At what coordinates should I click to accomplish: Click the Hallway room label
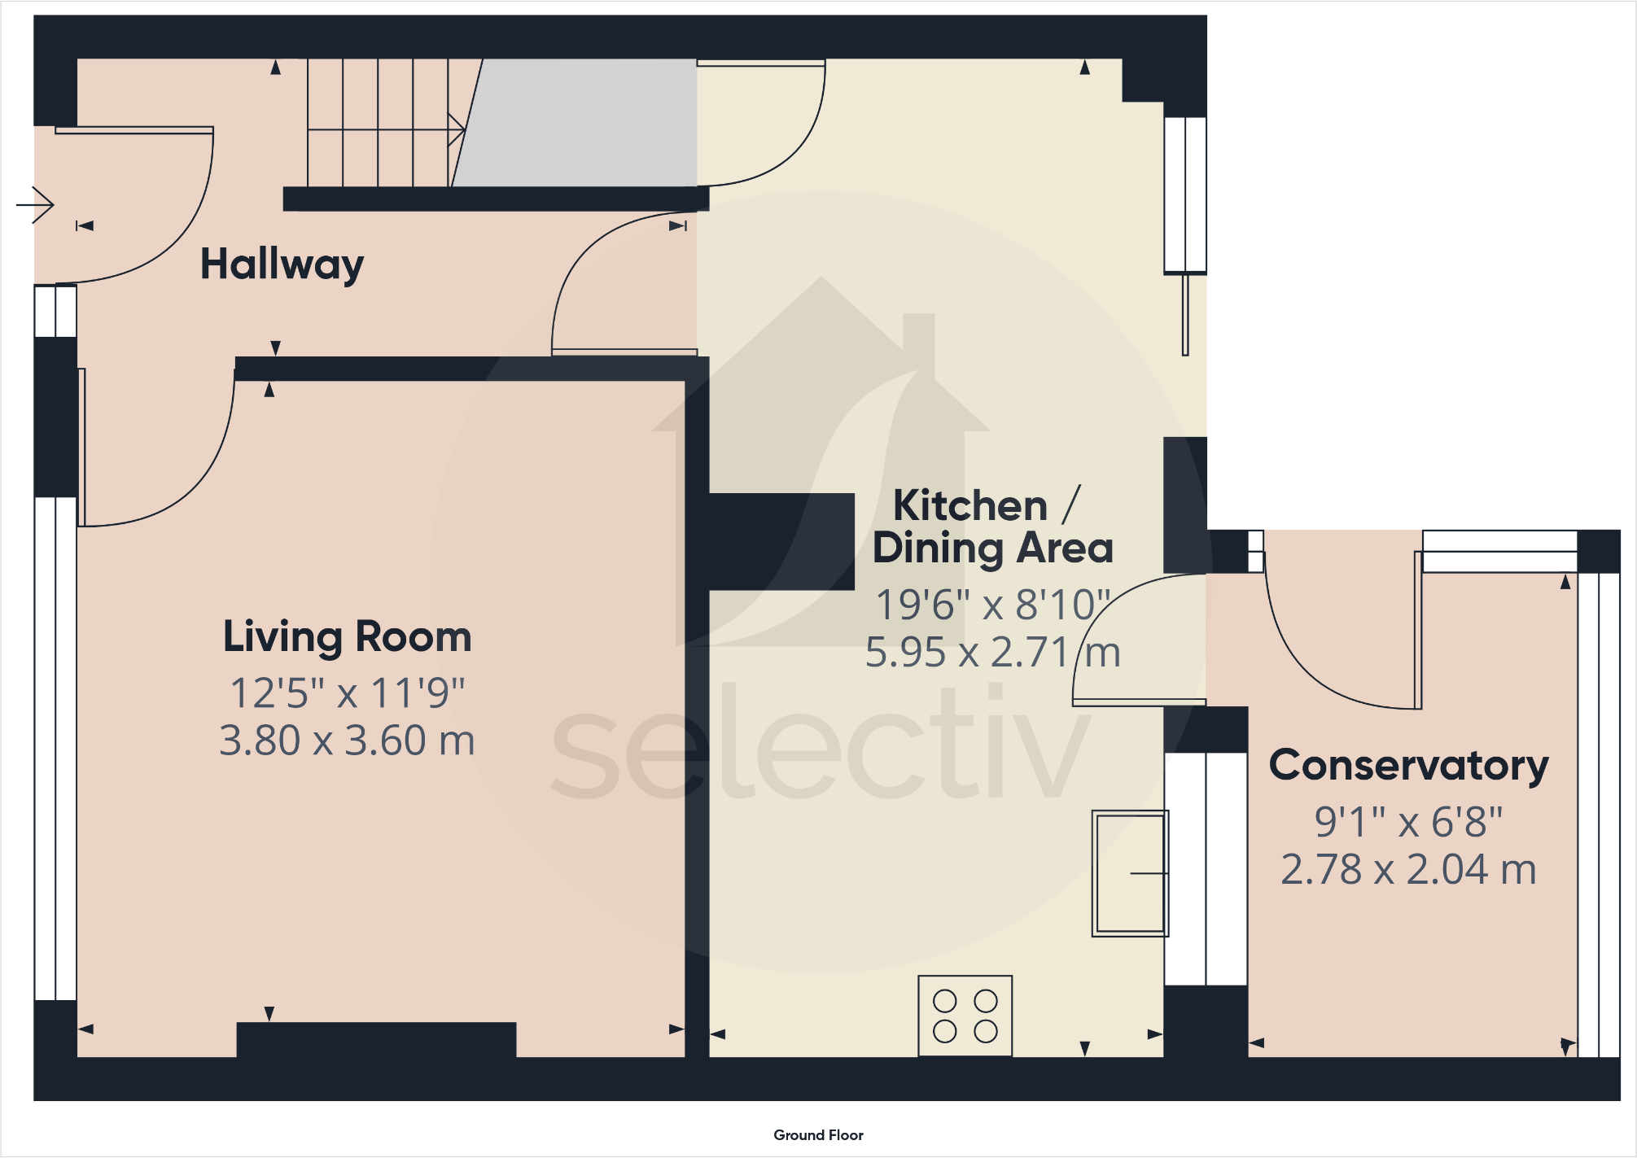tap(282, 264)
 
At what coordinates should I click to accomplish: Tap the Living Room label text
tap(348, 637)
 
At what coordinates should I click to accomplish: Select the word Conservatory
tap(1408, 766)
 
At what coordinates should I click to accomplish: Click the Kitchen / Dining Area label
tap(992, 527)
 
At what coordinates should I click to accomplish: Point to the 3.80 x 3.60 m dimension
tap(347, 741)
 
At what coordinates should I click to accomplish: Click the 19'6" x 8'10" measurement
tap(992, 605)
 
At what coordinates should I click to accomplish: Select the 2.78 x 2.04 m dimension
tap(1408, 870)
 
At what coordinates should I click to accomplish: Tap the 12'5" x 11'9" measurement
tap(348, 693)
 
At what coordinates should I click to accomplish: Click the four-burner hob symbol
tap(965, 1016)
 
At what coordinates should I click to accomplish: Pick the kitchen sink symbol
tap(1130, 873)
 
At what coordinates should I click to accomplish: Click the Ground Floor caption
tap(818, 1135)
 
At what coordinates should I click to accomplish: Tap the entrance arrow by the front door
tap(35, 204)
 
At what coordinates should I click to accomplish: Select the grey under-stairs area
tap(576, 123)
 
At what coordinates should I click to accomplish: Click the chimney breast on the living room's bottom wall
tap(376, 1040)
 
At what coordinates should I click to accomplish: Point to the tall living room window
tap(55, 749)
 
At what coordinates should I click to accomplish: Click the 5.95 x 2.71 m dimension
tap(992, 653)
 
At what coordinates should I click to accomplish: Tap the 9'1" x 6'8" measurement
tap(1408, 822)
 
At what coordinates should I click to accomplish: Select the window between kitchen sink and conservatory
tap(1206, 869)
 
